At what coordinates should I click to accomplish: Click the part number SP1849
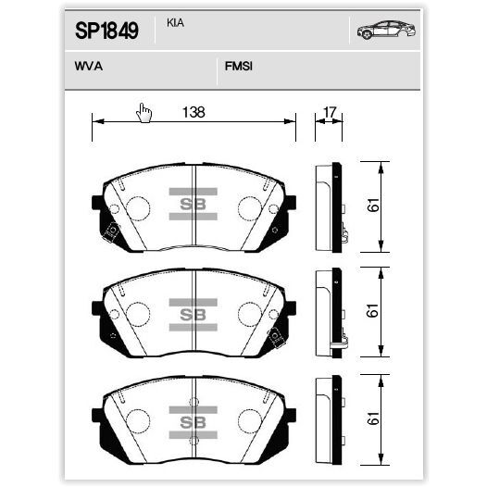(106, 31)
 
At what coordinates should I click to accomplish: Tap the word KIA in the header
(176, 23)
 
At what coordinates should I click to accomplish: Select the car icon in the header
(386, 30)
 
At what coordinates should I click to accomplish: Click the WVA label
(89, 66)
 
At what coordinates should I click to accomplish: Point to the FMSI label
(239, 66)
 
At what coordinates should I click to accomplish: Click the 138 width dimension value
(194, 112)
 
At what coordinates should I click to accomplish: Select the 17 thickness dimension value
(330, 112)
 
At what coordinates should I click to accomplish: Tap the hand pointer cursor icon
(144, 113)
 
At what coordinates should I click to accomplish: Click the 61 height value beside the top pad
(373, 205)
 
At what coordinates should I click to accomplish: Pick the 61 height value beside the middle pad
(373, 310)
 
